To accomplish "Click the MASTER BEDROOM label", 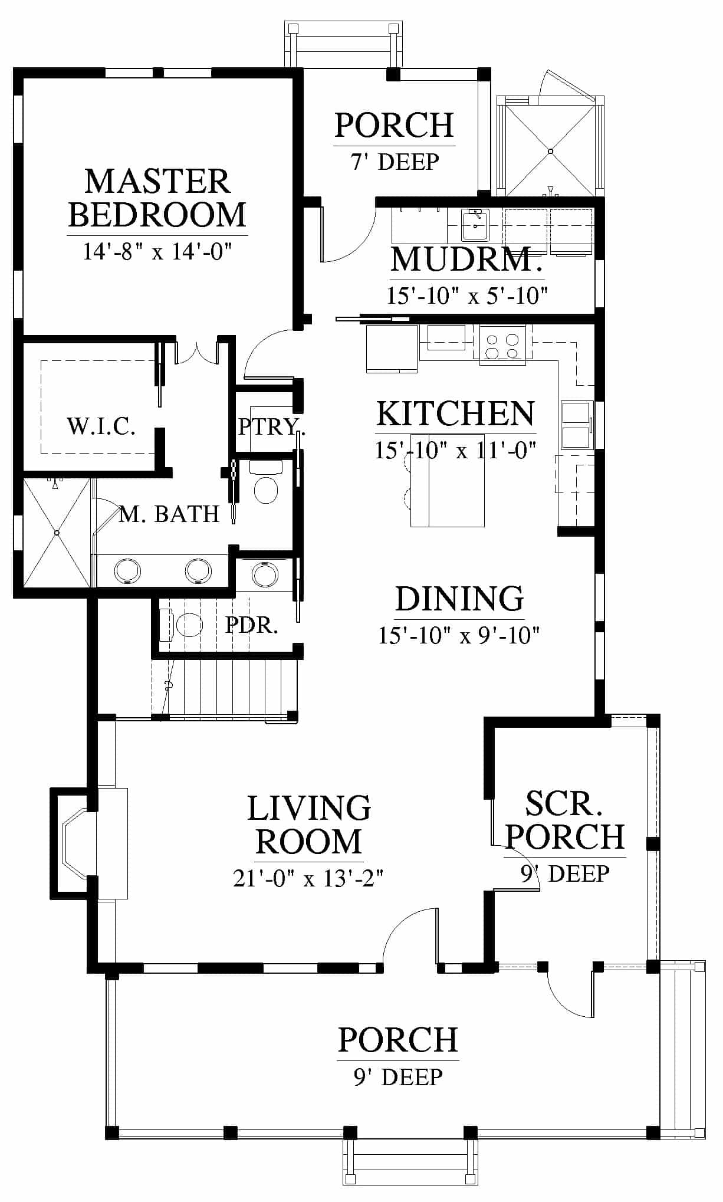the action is pyautogui.click(x=157, y=198).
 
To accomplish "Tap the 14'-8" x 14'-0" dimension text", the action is pyautogui.click(x=156, y=252).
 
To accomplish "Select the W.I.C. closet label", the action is pyautogui.click(x=101, y=425).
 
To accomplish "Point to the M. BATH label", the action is pyautogui.click(x=169, y=514).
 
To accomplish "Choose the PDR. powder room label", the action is pyautogui.click(x=252, y=625).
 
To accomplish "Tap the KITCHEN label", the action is pyautogui.click(x=456, y=414).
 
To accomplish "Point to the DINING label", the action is pyautogui.click(x=459, y=599).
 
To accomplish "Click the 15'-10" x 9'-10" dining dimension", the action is pyautogui.click(x=459, y=635).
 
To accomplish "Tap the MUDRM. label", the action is pyautogui.click(x=466, y=260).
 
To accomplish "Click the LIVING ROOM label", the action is pyautogui.click(x=309, y=825).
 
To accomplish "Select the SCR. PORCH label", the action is pyautogui.click(x=565, y=820).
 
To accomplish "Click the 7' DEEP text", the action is pyautogui.click(x=395, y=161).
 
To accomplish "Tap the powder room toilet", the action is pyautogui.click(x=182, y=625).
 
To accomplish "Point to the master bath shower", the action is pyautogui.click(x=57, y=533).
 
